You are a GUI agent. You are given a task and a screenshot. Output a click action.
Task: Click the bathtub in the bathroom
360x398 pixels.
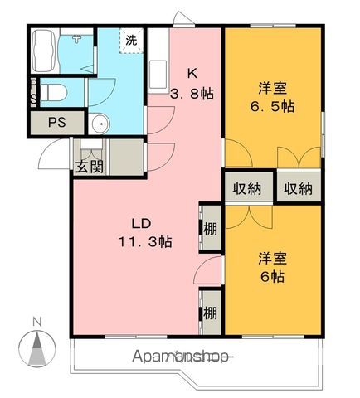pos(44,51)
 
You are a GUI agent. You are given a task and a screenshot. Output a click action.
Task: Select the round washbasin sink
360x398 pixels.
pos(100,124)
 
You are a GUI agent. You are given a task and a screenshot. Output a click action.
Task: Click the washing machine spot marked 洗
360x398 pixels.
pos(131,41)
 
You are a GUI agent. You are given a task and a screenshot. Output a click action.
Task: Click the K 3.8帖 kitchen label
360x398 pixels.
pos(192,84)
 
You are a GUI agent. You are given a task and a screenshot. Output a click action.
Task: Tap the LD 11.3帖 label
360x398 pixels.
pos(145,233)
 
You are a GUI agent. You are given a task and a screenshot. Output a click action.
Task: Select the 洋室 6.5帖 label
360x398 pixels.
pos(273,97)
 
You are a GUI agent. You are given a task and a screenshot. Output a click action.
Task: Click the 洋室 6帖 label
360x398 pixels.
pos(273,267)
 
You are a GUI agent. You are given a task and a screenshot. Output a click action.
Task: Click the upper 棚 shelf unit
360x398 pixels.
pos(211,229)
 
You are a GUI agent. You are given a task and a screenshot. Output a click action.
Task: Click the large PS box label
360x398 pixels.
pos(57,122)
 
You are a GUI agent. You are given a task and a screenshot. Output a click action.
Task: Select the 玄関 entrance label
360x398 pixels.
pos(90,167)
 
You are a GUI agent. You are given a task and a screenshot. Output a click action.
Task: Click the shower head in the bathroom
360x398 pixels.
pos(76,39)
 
